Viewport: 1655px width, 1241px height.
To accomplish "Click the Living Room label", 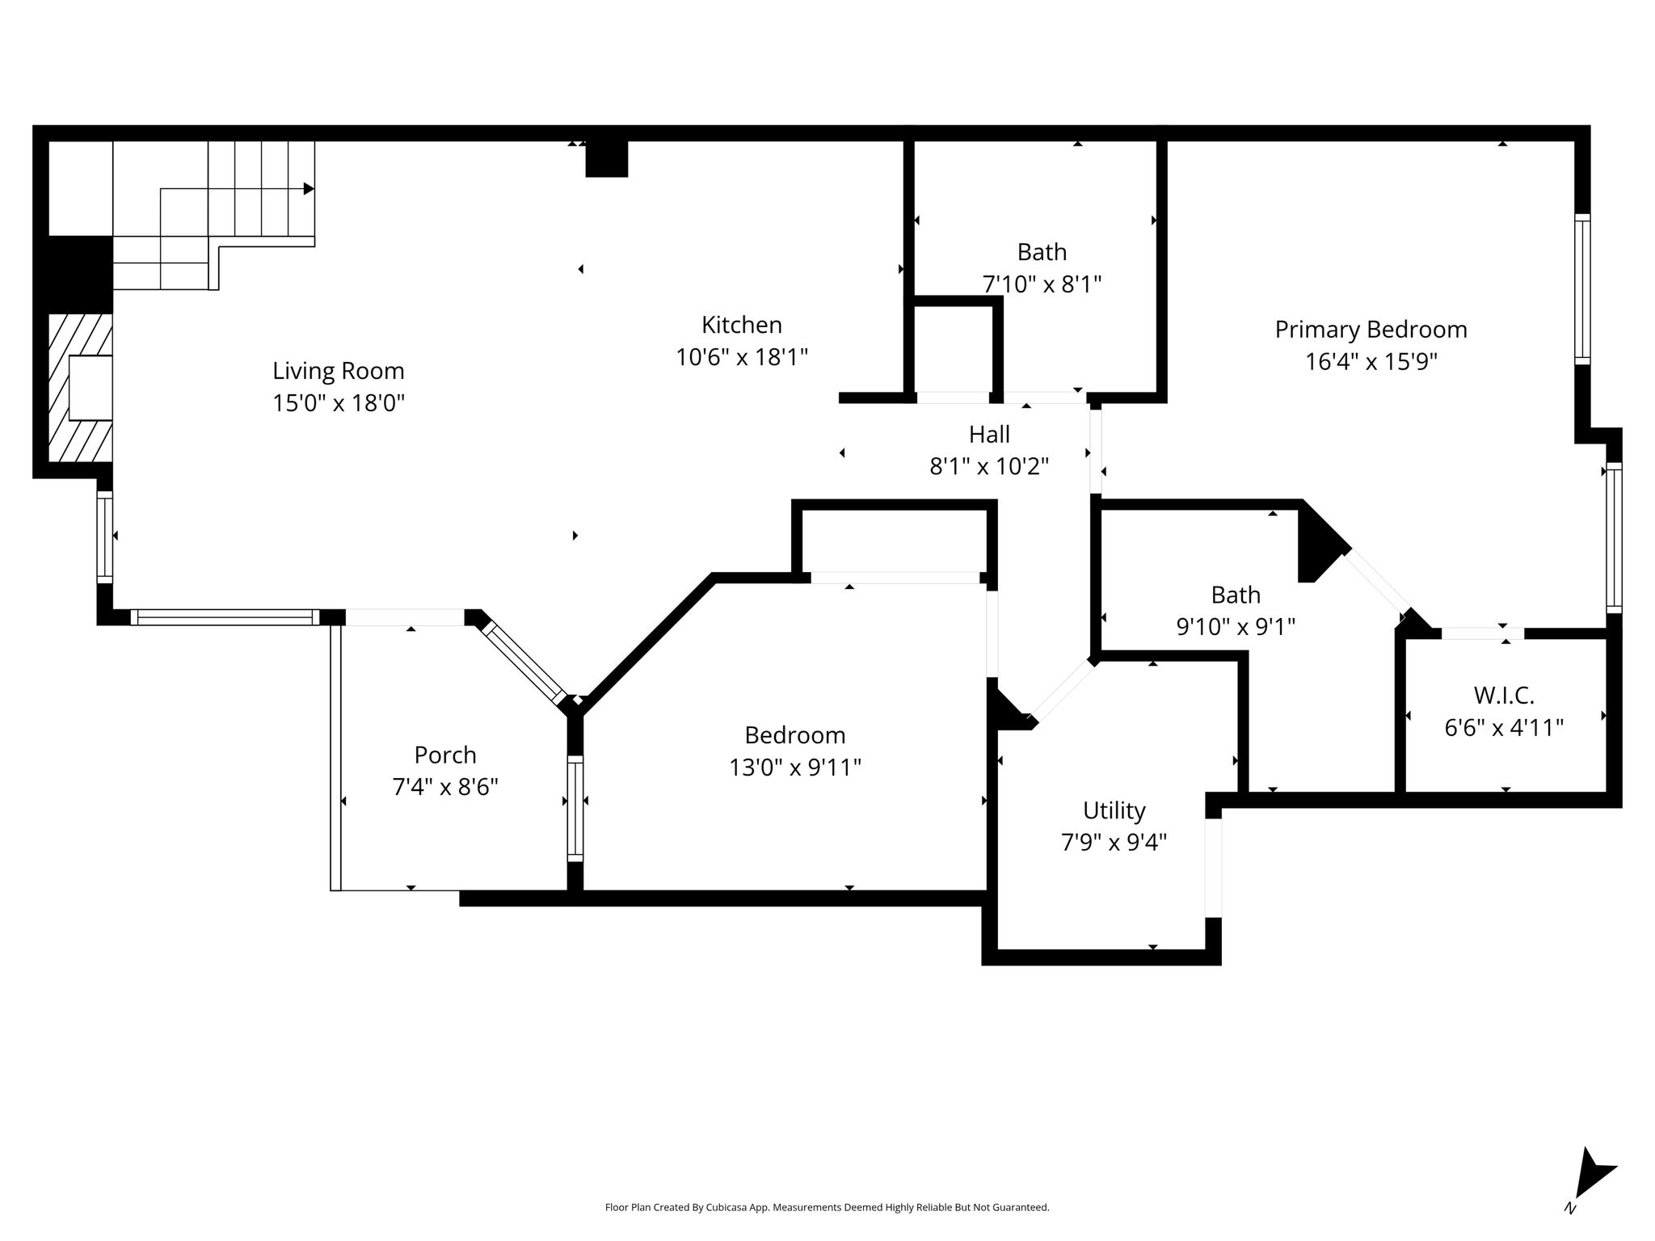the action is (338, 371).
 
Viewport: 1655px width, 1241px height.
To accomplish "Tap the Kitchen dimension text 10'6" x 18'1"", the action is (742, 357).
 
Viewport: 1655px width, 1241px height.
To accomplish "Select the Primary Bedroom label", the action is (1371, 330).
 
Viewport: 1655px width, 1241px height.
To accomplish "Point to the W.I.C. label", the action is (1504, 696).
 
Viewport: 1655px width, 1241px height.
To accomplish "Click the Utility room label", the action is (1114, 810).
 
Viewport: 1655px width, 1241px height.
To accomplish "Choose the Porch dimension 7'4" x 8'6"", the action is (445, 787).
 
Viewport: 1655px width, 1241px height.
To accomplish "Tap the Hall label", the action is (989, 435).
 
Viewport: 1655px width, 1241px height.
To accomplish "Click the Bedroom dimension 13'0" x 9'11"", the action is (795, 768).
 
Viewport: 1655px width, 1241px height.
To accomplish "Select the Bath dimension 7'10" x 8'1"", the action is (1042, 284).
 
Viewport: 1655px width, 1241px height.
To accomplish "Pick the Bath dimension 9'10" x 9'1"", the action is (1236, 627).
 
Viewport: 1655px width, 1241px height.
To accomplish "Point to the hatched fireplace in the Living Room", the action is (80, 388).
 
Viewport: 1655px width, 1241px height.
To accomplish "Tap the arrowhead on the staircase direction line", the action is (309, 188).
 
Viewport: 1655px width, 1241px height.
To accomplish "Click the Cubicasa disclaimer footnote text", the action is (827, 1208).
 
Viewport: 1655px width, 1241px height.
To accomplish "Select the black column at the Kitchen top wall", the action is (606, 159).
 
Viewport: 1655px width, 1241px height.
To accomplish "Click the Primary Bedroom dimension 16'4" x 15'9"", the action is (1371, 362).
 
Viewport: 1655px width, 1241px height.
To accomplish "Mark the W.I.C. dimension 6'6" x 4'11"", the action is (1504, 728).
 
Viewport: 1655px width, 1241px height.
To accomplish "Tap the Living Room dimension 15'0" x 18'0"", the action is (338, 403).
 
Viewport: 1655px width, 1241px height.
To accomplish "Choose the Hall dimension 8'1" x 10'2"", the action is (989, 467).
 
